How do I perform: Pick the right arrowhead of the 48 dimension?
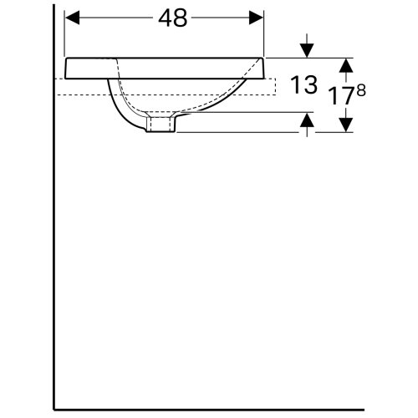coord(258,19)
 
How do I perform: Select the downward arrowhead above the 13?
coord(308,51)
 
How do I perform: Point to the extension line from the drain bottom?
coord(242,132)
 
